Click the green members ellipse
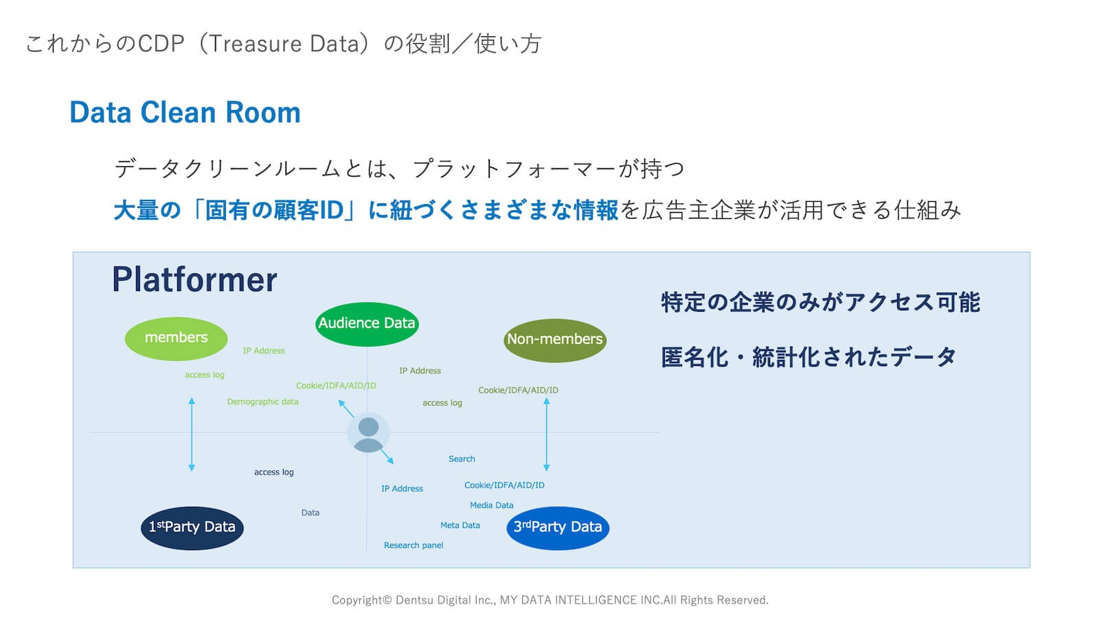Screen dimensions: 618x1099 pos(176,339)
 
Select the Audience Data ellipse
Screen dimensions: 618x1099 pos(367,323)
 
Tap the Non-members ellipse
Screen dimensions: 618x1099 pos(554,340)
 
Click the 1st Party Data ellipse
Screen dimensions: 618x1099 pos(192,527)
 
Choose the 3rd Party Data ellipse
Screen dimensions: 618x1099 pos(558,527)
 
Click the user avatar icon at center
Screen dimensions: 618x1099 pos(368,434)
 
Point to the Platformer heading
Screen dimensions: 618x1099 pos(194,280)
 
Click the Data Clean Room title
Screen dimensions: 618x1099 pos(185,113)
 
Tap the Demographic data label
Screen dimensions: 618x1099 pos(262,402)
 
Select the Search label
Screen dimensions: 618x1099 pos(462,459)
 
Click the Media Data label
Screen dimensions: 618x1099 pos(491,505)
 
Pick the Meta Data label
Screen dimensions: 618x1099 pos(460,525)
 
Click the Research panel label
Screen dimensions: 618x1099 pos(413,545)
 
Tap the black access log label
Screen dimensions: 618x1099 pos(273,472)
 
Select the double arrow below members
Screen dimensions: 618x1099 pos(192,434)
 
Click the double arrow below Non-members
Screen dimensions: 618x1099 pos(547,434)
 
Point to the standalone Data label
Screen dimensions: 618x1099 pos(310,513)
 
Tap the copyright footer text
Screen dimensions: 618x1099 pos(549,600)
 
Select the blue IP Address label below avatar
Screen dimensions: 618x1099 pos(402,489)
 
